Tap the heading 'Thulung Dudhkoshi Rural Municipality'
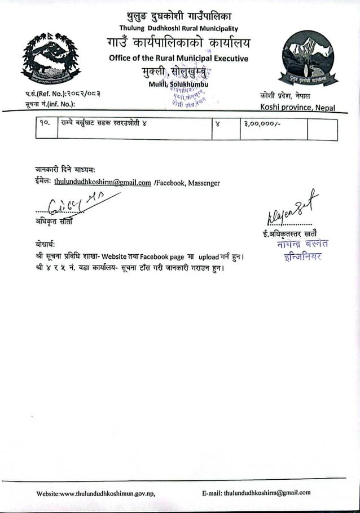(179, 28)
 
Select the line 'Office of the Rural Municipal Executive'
(179, 59)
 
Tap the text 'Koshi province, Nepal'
(297, 107)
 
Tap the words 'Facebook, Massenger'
(187, 182)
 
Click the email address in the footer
(267, 492)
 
